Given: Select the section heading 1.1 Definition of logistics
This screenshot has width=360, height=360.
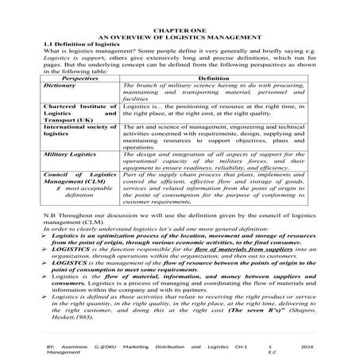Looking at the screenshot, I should click(x=74, y=44).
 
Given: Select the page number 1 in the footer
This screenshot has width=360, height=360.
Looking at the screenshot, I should click(x=270, y=347).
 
